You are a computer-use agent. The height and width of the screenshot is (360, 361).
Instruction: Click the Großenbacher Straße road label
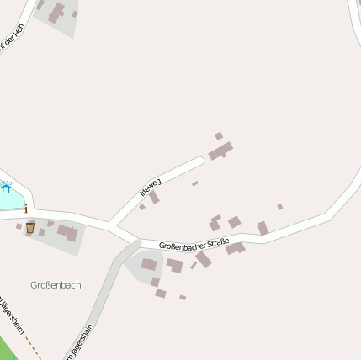(194, 244)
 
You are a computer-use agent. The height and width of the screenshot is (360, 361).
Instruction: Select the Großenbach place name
(56, 285)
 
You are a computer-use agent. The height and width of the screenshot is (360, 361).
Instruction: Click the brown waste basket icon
(30, 227)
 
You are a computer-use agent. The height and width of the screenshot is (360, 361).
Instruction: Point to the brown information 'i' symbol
(26, 208)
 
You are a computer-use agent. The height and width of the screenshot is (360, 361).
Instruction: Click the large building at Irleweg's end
(220, 151)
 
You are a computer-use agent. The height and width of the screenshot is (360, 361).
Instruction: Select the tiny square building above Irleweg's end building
(219, 135)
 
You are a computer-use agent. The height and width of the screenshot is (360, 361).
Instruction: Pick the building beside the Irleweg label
(154, 198)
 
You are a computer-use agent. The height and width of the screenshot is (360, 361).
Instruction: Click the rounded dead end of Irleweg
(199, 160)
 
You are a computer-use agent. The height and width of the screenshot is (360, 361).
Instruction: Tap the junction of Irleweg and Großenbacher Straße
(114, 225)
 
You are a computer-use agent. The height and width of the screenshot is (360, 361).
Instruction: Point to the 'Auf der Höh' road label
(10, 40)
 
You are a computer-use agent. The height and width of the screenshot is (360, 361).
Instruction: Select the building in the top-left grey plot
(56, 13)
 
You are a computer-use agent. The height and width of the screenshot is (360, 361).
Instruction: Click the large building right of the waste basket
(67, 231)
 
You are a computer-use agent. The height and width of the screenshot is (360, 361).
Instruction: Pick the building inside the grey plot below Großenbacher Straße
(149, 264)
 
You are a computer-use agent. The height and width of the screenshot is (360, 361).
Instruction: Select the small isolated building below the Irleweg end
(195, 183)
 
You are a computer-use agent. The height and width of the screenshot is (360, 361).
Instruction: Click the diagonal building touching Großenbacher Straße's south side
(204, 260)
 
